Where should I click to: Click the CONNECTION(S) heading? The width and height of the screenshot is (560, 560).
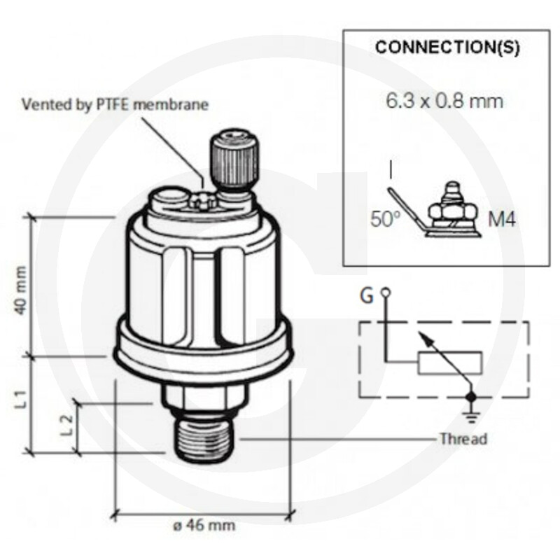pos(447,48)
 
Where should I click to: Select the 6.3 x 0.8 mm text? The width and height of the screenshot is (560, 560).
pos(444,101)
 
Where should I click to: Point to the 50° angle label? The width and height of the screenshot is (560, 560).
pos(386,218)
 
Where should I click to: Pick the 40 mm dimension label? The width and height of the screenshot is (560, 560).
pos(21,290)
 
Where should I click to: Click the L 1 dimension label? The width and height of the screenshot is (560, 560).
pos(21,399)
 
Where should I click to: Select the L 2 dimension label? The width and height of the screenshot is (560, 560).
pos(66,425)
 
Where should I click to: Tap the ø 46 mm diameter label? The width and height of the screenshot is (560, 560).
pos(204,526)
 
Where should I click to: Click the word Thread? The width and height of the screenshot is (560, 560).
pos(463,439)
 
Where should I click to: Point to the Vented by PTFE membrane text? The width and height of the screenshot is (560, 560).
pos(115,104)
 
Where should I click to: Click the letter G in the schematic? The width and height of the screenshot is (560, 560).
pos(367,295)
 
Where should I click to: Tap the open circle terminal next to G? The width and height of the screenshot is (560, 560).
pos(386,293)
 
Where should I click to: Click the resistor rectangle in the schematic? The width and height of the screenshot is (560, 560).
pos(450,363)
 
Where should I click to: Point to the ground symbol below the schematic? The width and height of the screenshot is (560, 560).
pos(472,417)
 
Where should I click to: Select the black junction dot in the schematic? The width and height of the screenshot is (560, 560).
pos(472,396)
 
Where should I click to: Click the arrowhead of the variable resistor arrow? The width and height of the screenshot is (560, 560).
pos(423,337)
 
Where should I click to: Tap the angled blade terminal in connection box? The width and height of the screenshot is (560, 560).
pos(405,209)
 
